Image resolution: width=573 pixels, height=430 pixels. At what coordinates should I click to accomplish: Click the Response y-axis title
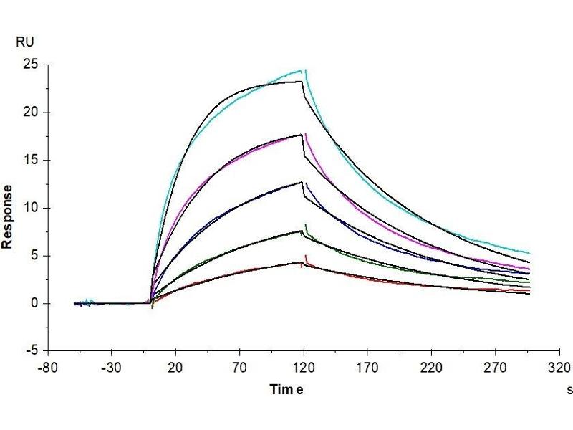[x=9, y=216]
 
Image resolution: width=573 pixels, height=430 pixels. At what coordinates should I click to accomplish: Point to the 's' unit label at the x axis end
[x=569, y=391]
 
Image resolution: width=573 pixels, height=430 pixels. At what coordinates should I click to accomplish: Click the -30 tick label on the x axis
[x=111, y=367]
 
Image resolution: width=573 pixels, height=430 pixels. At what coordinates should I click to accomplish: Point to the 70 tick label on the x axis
[x=239, y=367]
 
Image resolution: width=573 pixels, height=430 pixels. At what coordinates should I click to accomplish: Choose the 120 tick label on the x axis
[x=304, y=367]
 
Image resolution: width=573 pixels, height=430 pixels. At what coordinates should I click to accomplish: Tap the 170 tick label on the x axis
[x=367, y=367]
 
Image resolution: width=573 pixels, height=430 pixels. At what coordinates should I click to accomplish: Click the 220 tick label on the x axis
[x=431, y=367]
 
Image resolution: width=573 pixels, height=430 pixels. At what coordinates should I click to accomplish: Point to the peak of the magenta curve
[x=306, y=133]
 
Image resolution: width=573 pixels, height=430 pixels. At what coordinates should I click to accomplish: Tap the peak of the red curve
[x=307, y=256]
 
